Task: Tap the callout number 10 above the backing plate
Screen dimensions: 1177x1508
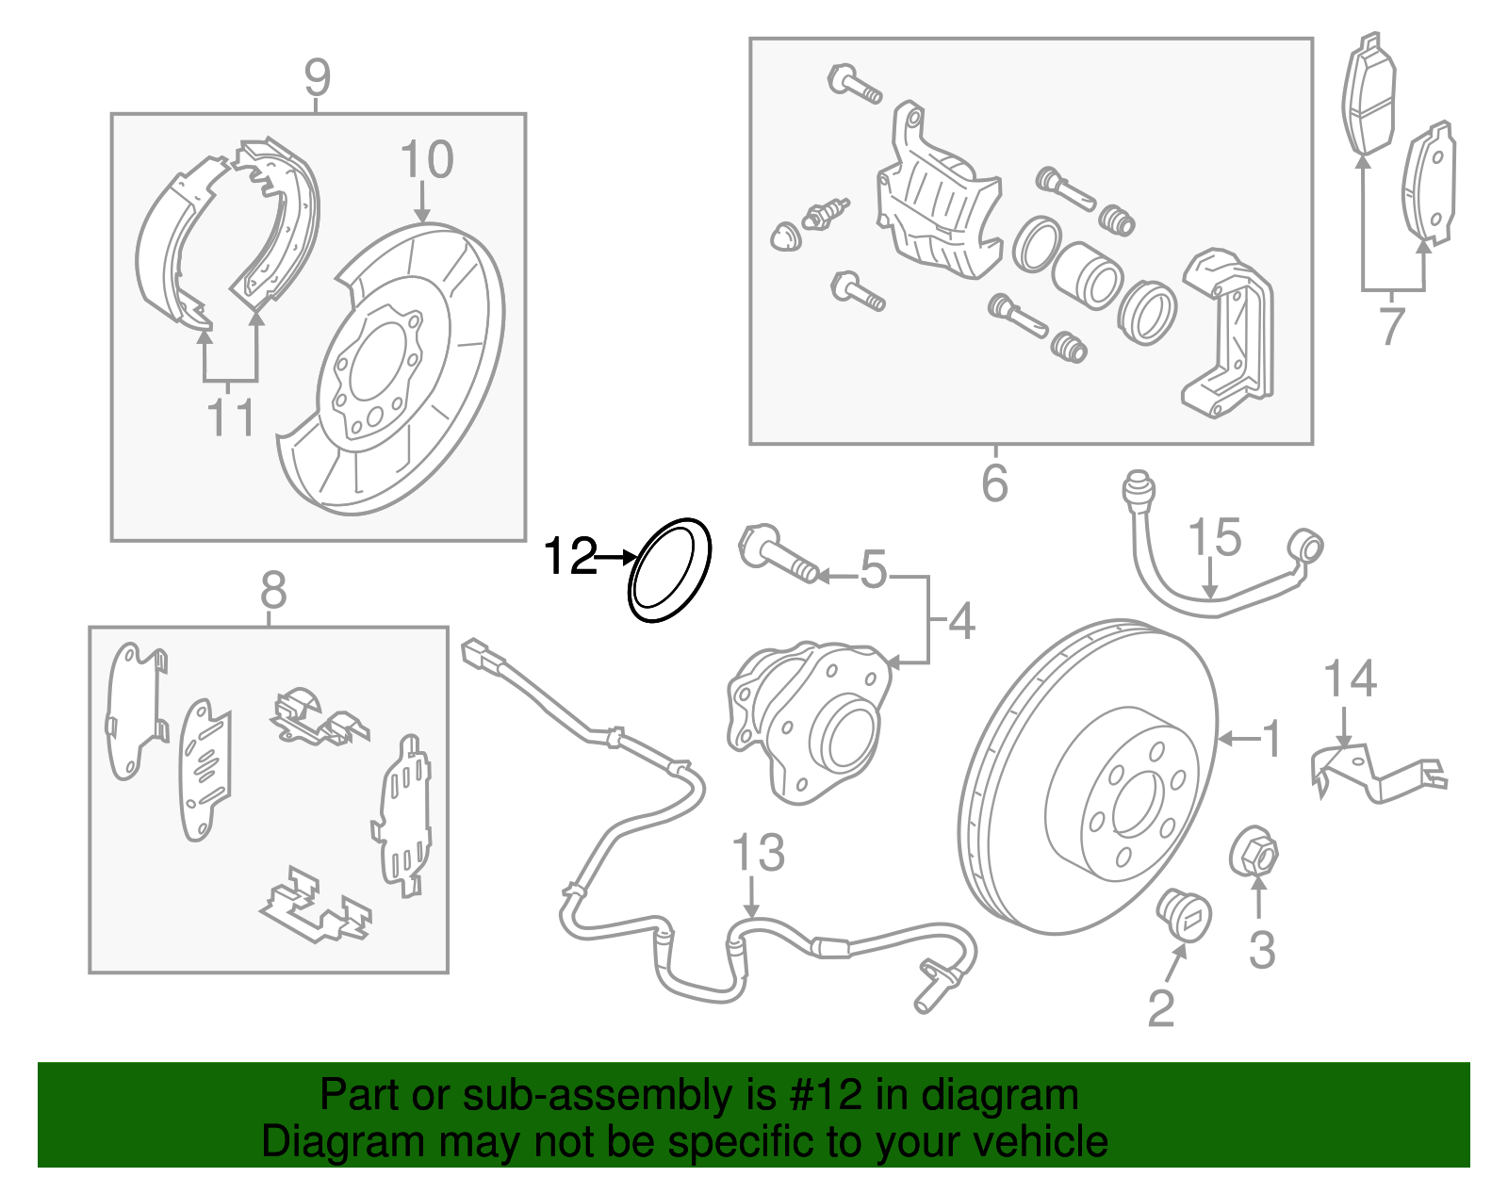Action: click(x=427, y=160)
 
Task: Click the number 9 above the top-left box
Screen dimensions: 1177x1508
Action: click(x=318, y=77)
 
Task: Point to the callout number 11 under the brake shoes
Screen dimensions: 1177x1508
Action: click(x=231, y=417)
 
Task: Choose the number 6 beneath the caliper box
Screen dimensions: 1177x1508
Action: click(x=994, y=483)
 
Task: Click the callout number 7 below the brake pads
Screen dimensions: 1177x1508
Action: click(x=1392, y=326)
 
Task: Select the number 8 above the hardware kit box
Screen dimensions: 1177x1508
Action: click(x=272, y=592)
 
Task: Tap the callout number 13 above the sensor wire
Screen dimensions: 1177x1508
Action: click(x=758, y=853)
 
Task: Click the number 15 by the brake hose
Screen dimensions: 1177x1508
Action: click(x=1214, y=538)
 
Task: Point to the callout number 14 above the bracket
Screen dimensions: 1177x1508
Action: click(x=1350, y=679)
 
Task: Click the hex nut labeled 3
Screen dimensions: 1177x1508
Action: click(x=1254, y=853)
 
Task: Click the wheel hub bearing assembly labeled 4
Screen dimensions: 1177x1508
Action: click(x=811, y=721)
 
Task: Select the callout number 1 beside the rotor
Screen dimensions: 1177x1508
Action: click(x=1271, y=739)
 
